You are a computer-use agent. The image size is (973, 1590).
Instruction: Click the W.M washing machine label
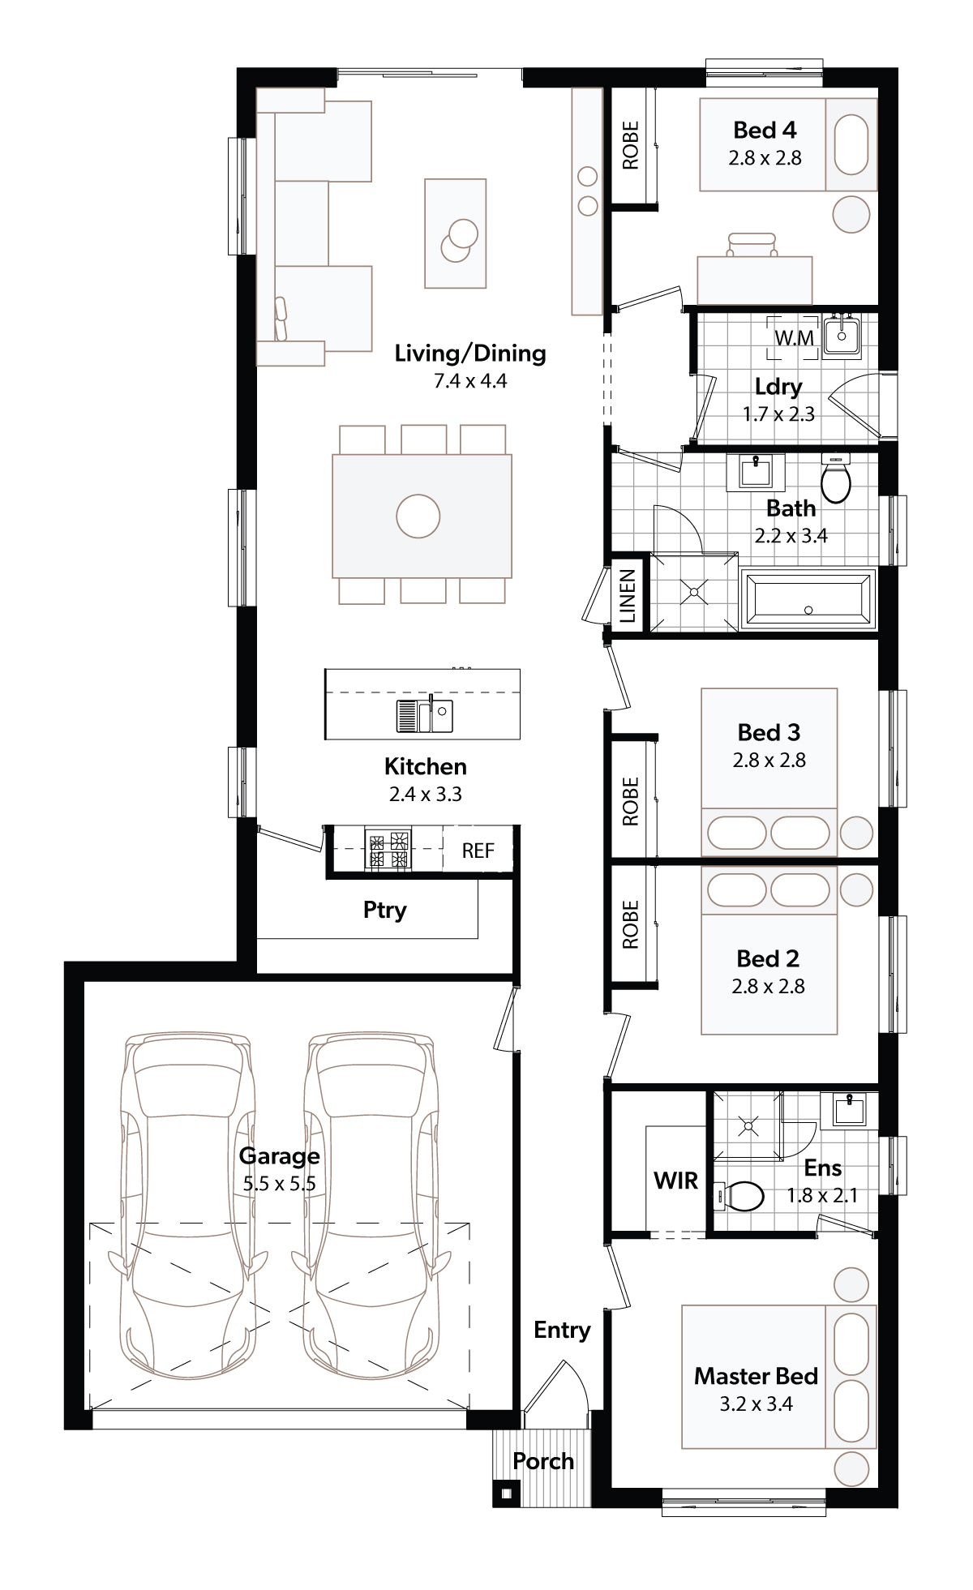click(x=794, y=337)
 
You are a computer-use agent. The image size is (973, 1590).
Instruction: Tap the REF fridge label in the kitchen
click(x=478, y=851)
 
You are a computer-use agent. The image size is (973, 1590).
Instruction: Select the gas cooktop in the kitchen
click(x=388, y=850)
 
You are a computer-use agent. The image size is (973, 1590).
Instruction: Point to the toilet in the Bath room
click(x=835, y=478)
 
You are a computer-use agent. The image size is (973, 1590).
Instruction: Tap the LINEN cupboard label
click(x=628, y=596)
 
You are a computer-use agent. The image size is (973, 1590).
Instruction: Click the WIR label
click(x=676, y=1181)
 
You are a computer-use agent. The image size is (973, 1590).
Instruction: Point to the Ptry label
click(x=384, y=910)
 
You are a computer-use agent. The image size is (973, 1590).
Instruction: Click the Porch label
click(x=543, y=1461)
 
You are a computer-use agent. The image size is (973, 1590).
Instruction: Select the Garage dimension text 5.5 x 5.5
click(x=280, y=1184)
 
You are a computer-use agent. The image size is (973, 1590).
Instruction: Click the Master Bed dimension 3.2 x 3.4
click(x=756, y=1404)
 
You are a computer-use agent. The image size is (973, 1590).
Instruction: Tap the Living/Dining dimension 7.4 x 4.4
click(x=470, y=380)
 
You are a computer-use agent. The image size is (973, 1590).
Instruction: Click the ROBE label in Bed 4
click(x=630, y=145)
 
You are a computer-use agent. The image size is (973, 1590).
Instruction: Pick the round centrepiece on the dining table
click(x=418, y=516)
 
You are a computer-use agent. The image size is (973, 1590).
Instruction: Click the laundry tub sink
click(x=842, y=336)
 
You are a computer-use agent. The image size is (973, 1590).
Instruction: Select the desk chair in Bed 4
click(x=752, y=244)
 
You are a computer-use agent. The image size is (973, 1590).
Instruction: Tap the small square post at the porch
click(x=507, y=1493)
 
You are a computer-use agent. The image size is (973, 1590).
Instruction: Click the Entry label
click(x=562, y=1330)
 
